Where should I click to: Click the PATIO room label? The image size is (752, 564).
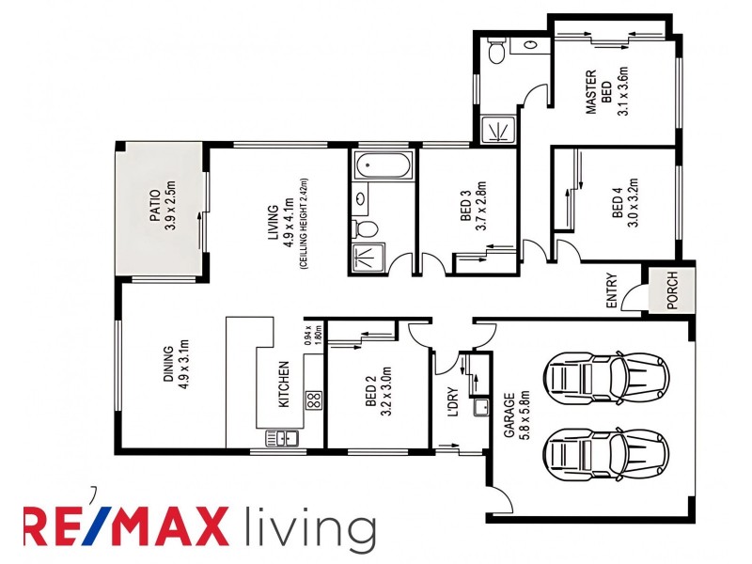tap(155, 206)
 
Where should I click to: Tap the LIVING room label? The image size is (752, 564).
tap(273, 223)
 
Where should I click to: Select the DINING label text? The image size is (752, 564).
tap(169, 364)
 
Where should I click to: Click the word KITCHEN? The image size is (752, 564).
tap(284, 384)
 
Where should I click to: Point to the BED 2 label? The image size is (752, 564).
tap(370, 390)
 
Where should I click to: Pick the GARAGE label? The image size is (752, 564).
tap(509, 415)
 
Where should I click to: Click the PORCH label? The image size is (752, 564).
tap(672, 290)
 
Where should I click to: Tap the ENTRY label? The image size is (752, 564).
tap(612, 290)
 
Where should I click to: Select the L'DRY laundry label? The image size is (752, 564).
tap(453, 402)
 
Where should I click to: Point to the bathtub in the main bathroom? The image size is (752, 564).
tap(383, 165)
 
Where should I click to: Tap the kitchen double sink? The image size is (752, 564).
tap(282, 438)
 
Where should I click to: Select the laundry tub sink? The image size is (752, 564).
tap(480, 407)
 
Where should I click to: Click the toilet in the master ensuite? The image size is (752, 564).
tap(495, 51)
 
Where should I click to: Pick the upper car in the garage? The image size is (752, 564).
tap(606, 375)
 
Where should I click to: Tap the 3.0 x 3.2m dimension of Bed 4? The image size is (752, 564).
tap(633, 203)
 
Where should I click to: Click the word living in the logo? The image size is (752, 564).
tap(310, 526)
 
